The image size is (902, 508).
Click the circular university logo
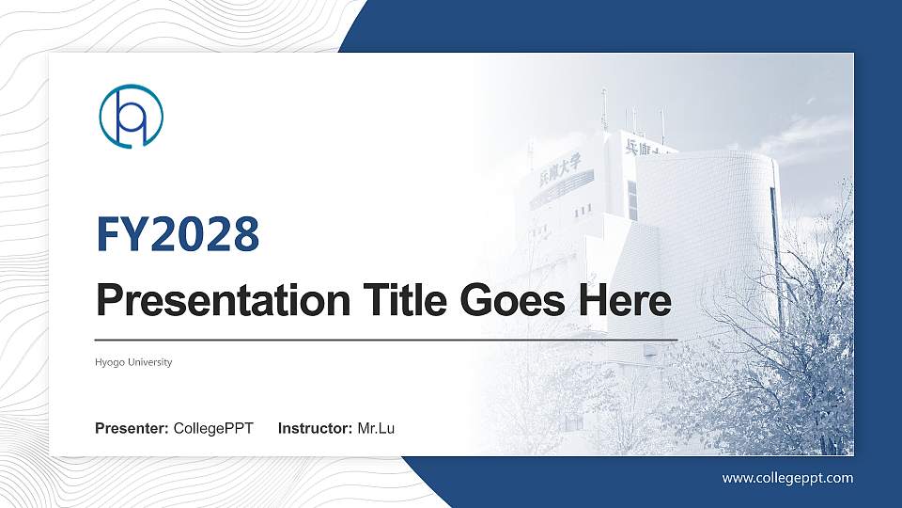132,116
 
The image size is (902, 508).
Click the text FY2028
178,234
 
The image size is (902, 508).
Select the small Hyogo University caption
133,362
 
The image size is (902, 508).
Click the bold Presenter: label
132,429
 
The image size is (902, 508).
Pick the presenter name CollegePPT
213,429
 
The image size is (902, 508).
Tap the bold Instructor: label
316,429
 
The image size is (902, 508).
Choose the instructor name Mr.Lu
376,429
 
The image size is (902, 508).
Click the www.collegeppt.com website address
787,478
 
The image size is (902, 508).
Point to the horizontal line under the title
385,339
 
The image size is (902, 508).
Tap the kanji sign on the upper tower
648,147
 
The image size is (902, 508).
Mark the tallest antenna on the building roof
603,108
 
